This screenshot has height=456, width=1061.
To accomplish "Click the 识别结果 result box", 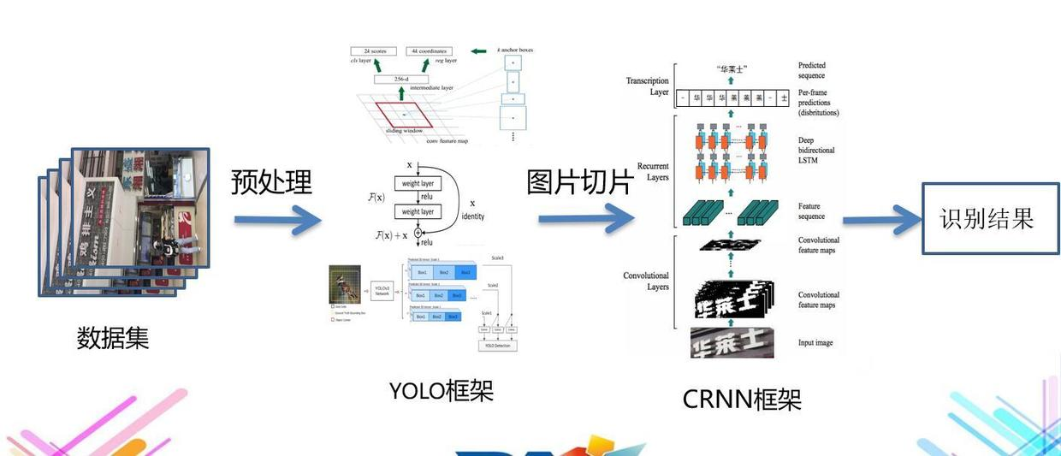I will [x=990, y=218].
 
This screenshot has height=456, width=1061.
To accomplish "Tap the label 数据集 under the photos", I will [x=113, y=338].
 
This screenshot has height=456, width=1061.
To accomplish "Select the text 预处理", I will [x=271, y=181].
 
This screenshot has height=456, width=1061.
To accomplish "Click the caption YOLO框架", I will [x=441, y=390].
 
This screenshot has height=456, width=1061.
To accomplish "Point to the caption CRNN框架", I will [x=742, y=399].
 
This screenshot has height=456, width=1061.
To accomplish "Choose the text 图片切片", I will [x=579, y=181].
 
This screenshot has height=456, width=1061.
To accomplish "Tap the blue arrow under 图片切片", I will [x=586, y=219].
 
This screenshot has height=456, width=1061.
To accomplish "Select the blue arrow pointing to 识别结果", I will [x=880, y=220].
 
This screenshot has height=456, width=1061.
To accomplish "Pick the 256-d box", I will [x=400, y=79].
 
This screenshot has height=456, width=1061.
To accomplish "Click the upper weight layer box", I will [x=417, y=183].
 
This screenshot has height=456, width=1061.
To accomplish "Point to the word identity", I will [x=472, y=216].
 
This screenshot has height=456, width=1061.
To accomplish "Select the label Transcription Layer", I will [x=648, y=86].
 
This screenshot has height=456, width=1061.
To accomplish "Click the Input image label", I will [x=815, y=343].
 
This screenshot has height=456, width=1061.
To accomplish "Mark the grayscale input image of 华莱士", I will [x=732, y=342].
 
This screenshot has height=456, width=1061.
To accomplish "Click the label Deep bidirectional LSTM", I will [x=815, y=150].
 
